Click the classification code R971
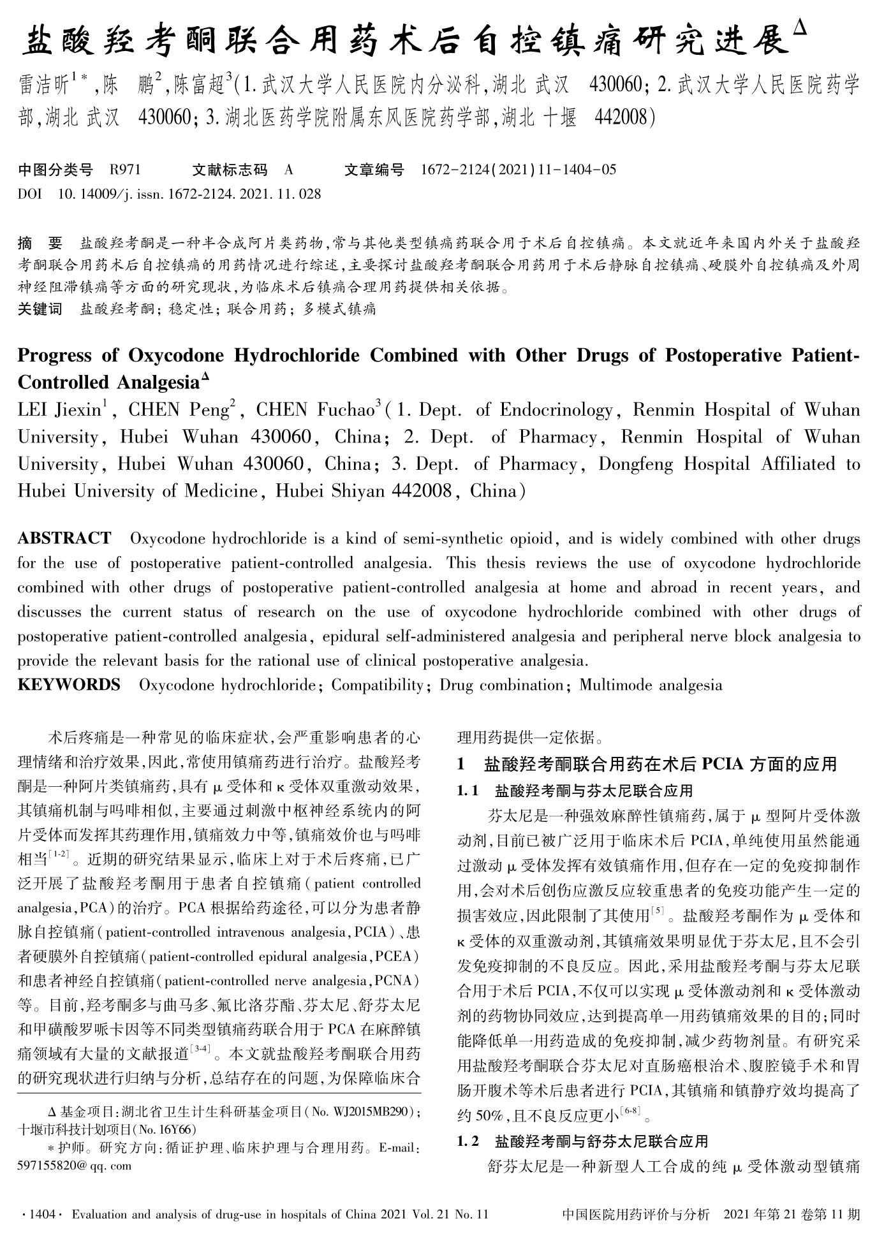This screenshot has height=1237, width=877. coord(125,170)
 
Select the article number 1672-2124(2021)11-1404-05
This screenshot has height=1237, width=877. coord(519,170)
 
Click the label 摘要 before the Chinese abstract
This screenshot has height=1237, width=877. coord(40,243)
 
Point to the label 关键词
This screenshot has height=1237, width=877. coord(40,310)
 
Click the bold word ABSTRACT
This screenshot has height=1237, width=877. coord(64,538)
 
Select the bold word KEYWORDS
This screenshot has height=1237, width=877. coord(69,685)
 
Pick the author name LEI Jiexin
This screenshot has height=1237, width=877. coord(61,410)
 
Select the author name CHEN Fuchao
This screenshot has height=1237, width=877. coord(315,410)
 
